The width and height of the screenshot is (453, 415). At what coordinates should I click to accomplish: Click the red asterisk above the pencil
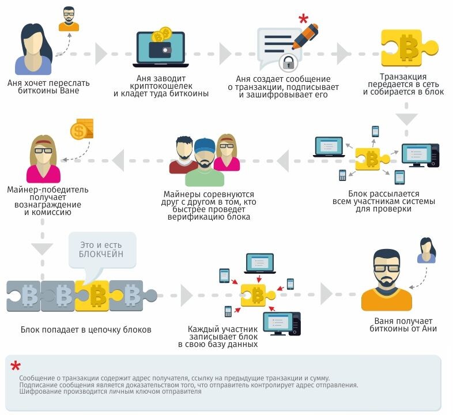tap(303, 18)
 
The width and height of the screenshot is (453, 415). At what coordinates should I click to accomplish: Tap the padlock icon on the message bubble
tap(287, 61)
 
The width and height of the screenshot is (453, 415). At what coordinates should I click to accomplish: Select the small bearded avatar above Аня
tap(69, 18)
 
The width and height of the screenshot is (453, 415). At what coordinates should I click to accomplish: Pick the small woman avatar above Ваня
tap(427, 250)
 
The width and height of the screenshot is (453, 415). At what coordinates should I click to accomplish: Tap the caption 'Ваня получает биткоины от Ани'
tap(403, 325)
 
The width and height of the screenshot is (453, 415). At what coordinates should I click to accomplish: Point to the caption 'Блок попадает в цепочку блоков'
tap(86, 330)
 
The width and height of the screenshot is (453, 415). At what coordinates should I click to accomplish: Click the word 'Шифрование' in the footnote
tap(37, 392)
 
